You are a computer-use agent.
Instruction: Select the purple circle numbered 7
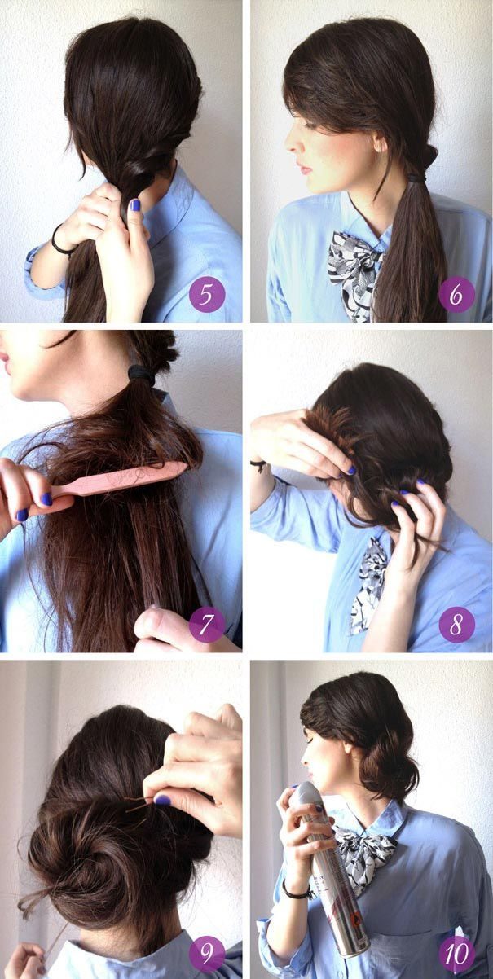pyautogui.click(x=206, y=624)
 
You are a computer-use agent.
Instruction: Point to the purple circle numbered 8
pyautogui.click(x=456, y=624)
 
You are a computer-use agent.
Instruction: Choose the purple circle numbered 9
pyautogui.click(x=206, y=954)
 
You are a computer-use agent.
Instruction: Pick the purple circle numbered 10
pyautogui.click(x=456, y=954)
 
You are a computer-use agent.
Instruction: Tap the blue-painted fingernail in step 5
pyautogui.click(x=135, y=204)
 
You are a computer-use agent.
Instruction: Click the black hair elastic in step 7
pyautogui.click(x=141, y=375)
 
